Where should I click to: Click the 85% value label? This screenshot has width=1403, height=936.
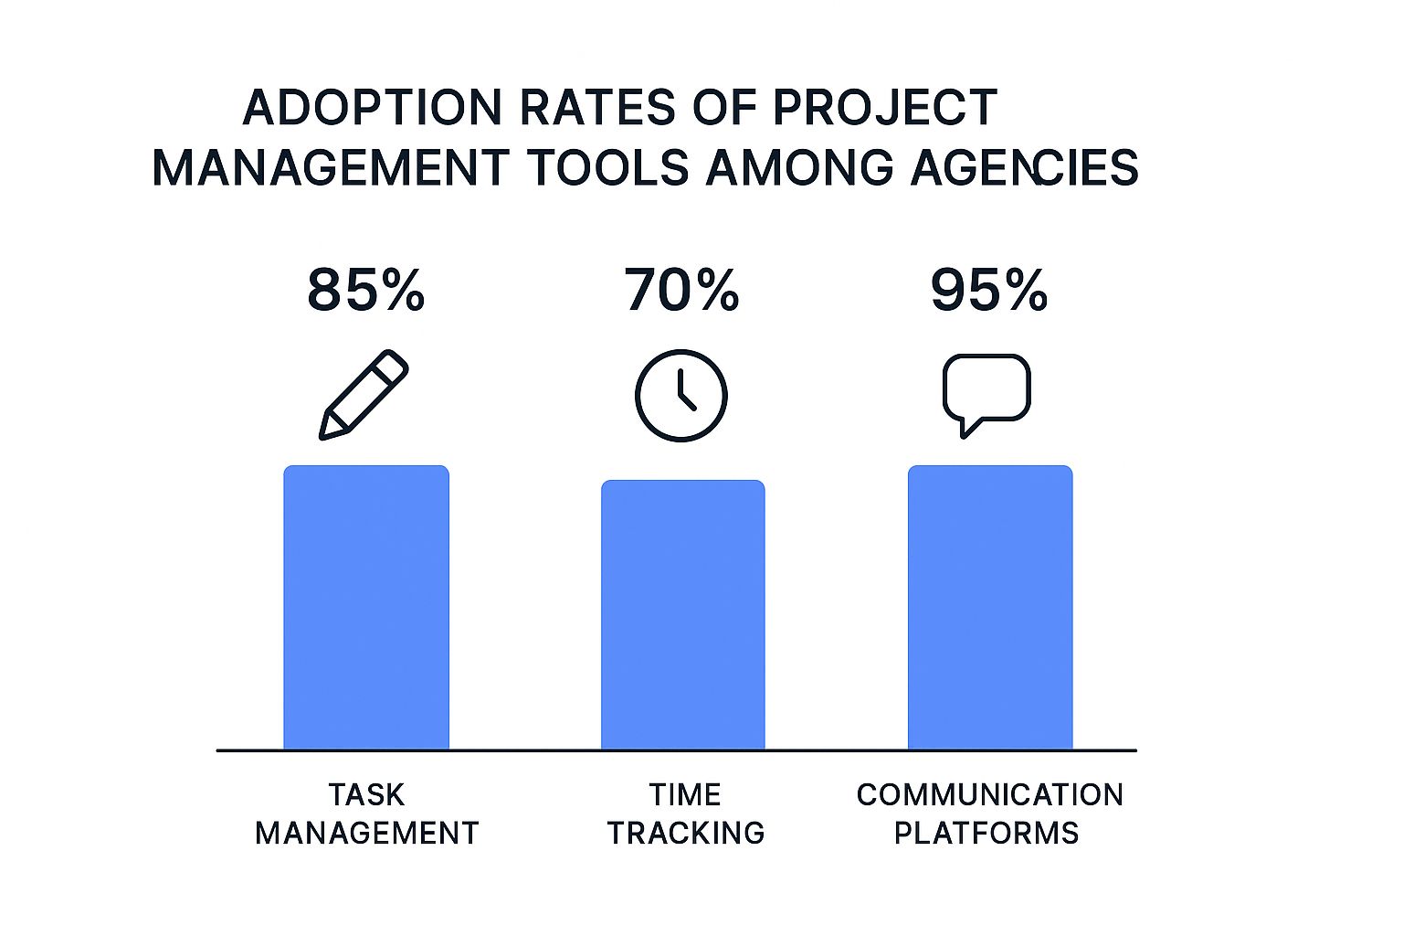[x=365, y=291]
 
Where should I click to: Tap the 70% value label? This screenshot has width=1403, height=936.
[x=681, y=291]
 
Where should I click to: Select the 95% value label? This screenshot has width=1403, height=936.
[x=989, y=291]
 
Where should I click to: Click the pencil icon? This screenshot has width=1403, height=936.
[x=364, y=395]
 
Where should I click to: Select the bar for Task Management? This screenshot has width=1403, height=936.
[x=366, y=607]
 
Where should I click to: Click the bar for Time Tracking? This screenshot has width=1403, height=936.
[x=682, y=614]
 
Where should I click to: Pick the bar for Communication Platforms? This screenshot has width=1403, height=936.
[x=990, y=607]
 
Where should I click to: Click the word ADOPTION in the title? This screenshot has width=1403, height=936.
[x=372, y=108]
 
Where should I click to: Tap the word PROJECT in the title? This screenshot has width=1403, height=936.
[x=885, y=108]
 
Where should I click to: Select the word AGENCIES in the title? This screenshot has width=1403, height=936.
[x=1024, y=167]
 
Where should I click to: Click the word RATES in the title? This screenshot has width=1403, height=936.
[x=597, y=108]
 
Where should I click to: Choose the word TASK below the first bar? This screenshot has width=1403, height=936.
[x=367, y=795]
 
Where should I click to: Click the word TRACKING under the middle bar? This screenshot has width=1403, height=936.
[x=686, y=834]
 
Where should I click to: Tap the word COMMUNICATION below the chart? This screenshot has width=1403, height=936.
[x=989, y=795]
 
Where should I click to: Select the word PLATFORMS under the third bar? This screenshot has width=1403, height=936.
[x=986, y=834]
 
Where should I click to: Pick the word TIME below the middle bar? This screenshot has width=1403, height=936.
[x=685, y=795]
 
